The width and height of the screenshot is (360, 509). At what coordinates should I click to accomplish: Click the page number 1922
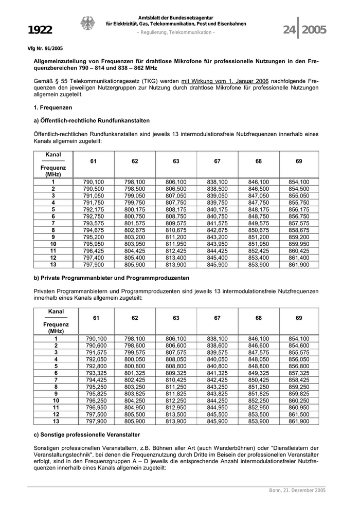pos(40,30)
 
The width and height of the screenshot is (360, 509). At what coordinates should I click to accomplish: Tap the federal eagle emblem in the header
pos(87,24)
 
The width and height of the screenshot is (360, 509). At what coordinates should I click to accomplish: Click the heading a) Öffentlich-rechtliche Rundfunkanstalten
pos(92,121)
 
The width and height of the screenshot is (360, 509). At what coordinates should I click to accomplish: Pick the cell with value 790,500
pos(93,189)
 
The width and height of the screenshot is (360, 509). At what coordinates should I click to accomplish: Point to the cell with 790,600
pos(93,346)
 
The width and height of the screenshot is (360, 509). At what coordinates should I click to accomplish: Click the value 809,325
pos(176,373)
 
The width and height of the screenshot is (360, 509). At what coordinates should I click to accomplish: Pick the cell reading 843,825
pos(217,393)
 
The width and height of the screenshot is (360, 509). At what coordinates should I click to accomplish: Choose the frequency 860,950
pos(299,407)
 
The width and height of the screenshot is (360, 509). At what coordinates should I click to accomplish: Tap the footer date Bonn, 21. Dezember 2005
pos(297,490)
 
